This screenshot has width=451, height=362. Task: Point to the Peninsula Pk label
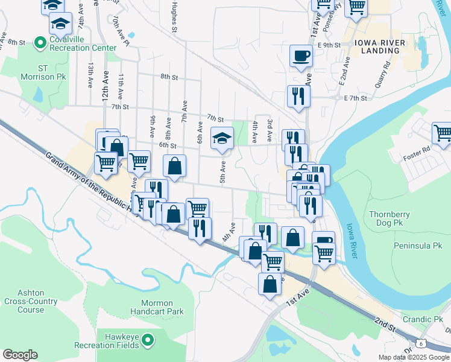[x=418, y=246]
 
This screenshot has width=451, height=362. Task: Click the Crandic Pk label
[x=425, y=319]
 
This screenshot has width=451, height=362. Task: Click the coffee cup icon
[x=301, y=57]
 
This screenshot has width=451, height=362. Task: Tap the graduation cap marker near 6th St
[x=221, y=138]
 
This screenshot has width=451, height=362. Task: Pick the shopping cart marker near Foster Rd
[x=443, y=133]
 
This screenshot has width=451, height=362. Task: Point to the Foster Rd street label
[x=417, y=149]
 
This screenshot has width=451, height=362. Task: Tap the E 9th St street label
[x=329, y=45]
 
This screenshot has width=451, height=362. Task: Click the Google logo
[x=20, y=355]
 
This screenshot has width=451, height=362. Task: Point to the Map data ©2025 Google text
[x=414, y=357]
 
